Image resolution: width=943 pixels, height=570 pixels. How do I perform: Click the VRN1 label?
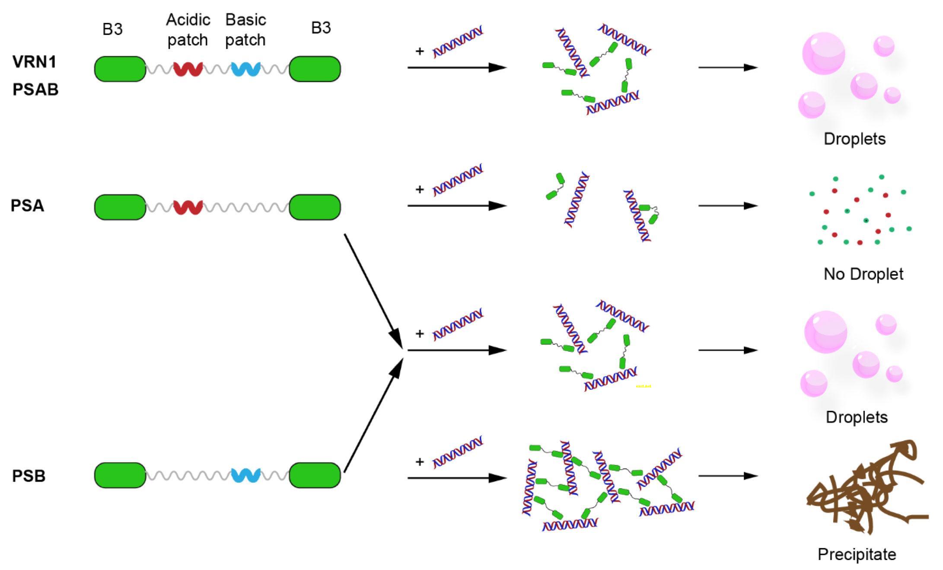click(x=35, y=62)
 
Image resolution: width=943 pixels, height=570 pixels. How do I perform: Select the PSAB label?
click(x=35, y=90)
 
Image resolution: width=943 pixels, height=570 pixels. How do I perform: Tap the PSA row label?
click(x=27, y=205)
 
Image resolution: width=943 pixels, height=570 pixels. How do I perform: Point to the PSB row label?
click(x=29, y=476)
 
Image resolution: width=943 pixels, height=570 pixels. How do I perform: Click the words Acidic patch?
click(x=188, y=30)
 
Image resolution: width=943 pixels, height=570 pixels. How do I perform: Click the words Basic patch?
click(x=245, y=30)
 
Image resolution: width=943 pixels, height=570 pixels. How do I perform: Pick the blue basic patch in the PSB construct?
click(x=245, y=475)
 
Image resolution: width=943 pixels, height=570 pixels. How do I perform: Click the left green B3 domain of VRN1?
click(x=120, y=69)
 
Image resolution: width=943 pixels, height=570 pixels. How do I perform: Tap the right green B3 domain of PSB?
click(x=315, y=475)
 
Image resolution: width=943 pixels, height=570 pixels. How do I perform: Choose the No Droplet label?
click(x=863, y=274)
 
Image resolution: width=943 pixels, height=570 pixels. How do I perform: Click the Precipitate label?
click(x=857, y=554)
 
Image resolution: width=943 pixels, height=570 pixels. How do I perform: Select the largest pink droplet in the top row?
click(x=823, y=53)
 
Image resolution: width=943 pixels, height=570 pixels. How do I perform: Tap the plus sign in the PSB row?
click(x=419, y=462)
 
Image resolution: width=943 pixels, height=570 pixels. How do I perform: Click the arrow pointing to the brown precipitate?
click(x=728, y=476)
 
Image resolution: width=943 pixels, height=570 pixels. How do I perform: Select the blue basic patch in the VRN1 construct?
click(x=245, y=69)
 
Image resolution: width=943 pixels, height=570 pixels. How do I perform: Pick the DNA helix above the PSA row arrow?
click(x=458, y=179)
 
